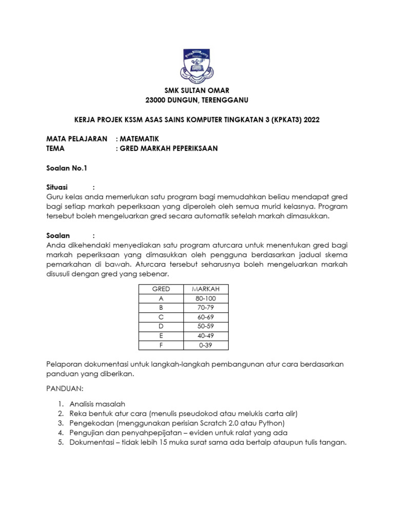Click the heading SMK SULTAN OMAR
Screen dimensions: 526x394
pyautogui.click(x=196, y=90)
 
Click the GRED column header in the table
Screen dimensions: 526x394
pyautogui.click(x=161, y=289)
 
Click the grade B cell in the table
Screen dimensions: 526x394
pyautogui.click(x=161, y=308)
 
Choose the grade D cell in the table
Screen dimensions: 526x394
pyautogui.click(x=161, y=326)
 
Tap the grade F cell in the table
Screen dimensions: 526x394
pyautogui.click(x=161, y=345)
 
